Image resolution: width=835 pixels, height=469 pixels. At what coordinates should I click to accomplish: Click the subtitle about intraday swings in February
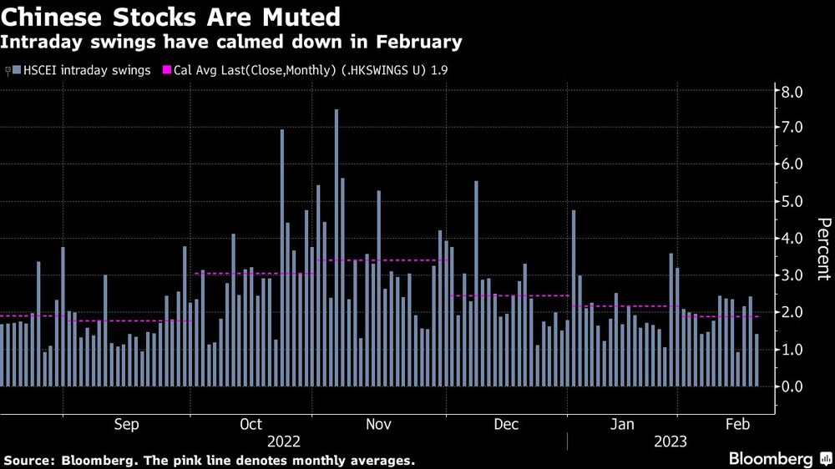[232, 41]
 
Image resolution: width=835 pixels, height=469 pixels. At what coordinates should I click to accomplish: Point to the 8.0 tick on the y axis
[792, 91]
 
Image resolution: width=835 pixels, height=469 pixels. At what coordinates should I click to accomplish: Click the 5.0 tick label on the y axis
[792, 202]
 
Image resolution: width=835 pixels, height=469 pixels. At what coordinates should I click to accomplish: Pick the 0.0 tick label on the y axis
[792, 386]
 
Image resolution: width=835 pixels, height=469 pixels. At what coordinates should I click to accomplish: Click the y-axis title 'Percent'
[823, 248]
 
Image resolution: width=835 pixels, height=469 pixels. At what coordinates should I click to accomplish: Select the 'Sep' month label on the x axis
[126, 425]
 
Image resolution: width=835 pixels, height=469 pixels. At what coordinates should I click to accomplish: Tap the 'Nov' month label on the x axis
[378, 425]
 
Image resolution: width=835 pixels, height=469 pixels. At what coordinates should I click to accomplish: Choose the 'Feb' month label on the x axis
[735, 425]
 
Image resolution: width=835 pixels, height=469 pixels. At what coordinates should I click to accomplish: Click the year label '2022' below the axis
[283, 441]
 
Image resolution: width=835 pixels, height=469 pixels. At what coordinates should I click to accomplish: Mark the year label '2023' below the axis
[670, 441]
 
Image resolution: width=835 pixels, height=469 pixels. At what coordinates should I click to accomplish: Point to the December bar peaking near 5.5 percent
[476, 284]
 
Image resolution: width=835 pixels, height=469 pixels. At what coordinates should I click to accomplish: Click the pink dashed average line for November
[384, 260]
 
